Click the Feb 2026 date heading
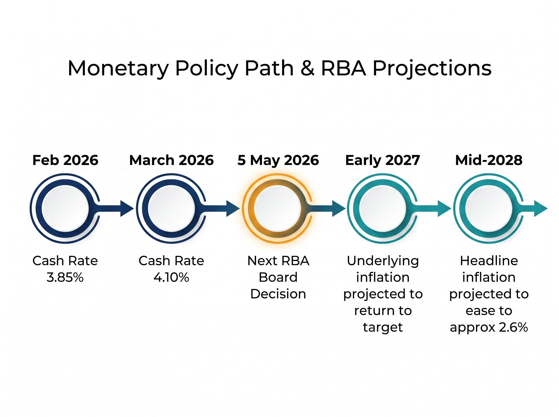(x=65, y=160)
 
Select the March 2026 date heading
(x=171, y=160)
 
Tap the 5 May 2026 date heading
(x=278, y=160)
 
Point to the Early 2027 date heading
(x=382, y=160)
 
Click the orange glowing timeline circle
(x=277, y=208)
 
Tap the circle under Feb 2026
(x=65, y=208)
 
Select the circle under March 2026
(x=171, y=208)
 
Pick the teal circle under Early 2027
(x=382, y=208)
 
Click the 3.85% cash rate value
(x=65, y=278)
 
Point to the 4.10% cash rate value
(x=171, y=278)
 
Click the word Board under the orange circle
(x=278, y=277)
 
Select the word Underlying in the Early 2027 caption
(x=383, y=261)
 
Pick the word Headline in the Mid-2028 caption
(x=489, y=261)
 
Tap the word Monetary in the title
(x=118, y=69)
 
